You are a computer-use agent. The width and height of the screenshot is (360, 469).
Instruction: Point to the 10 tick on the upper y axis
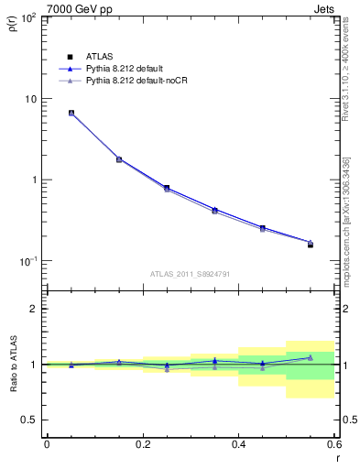33,99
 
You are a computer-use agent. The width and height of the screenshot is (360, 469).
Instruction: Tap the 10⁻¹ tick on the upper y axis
29,261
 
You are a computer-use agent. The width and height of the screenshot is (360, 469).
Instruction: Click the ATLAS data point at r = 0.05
71,114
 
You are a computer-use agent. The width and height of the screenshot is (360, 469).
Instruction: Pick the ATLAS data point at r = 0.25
167,188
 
